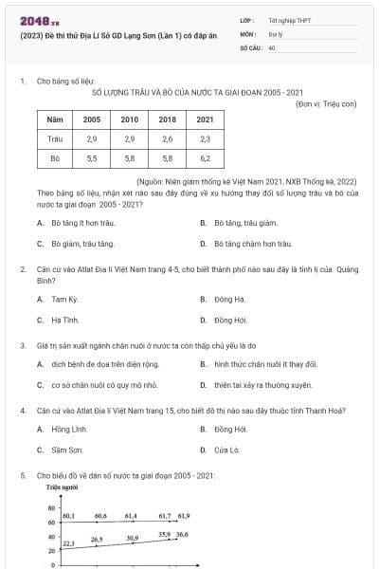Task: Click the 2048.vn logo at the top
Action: click(34, 19)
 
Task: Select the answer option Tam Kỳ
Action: click(64, 299)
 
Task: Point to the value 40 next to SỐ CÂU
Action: click(272, 46)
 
